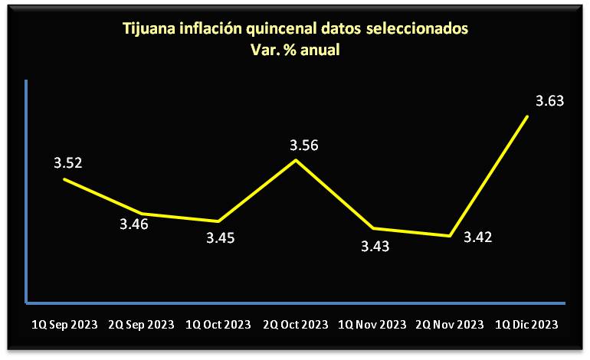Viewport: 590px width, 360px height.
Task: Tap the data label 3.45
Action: click(x=220, y=238)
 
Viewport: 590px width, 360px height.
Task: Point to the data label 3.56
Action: click(x=303, y=146)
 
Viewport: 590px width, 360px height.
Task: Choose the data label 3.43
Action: click(x=375, y=246)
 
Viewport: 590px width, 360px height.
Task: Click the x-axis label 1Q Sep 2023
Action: click(x=64, y=325)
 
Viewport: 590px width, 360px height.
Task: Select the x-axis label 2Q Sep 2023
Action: click(x=143, y=325)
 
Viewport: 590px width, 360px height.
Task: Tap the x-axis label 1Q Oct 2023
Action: click(x=220, y=325)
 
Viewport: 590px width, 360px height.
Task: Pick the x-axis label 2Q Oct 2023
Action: click(x=297, y=325)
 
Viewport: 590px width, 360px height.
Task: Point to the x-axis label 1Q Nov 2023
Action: click(x=372, y=325)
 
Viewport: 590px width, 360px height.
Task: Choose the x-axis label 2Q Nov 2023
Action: click(x=450, y=325)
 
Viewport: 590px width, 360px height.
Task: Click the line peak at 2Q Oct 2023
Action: click(x=297, y=160)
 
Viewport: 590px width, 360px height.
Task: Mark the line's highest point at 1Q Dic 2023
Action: click(x=527, y=116)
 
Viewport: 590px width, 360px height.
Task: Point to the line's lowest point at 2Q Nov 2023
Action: click(x=450, y=236)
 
